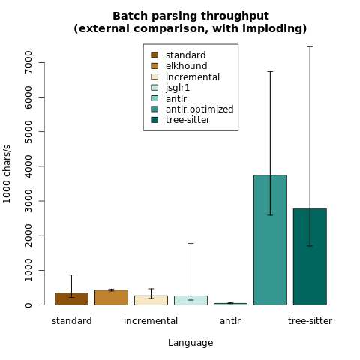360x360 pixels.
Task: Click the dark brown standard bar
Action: click(x=71, y=298)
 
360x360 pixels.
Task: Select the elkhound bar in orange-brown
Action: click(x=111, y=297)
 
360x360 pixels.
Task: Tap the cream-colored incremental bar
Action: click(x=151, y=300)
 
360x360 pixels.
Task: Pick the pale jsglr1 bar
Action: click(x=190, y=300)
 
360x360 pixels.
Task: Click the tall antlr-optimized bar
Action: click(x=270, y=240)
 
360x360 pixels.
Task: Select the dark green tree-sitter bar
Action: click(x=310, y=256)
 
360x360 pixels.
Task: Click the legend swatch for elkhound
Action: click(x=154, y=66)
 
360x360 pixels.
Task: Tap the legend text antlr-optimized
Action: click(x=199, y=109)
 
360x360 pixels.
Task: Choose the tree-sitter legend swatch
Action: click(x=154, y=120)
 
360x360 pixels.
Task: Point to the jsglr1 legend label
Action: click(x=178, y=88)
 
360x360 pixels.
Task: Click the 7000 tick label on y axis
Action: click(x=28, y=62)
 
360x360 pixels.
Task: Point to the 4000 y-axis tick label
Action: click(x=28, y=166)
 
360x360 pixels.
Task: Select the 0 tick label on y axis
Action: click(x=28, y=305)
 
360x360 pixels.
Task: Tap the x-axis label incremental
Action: click(x=151, y=321)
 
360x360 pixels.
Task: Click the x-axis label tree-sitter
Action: click(x=310, y=321)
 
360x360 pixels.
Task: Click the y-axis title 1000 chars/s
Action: click(x=7, y=174)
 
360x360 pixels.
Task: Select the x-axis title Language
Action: click(x=190, y=343)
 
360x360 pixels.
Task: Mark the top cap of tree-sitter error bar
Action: click(x=310, y=46)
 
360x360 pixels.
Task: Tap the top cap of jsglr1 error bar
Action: click(x=190, y=243)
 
